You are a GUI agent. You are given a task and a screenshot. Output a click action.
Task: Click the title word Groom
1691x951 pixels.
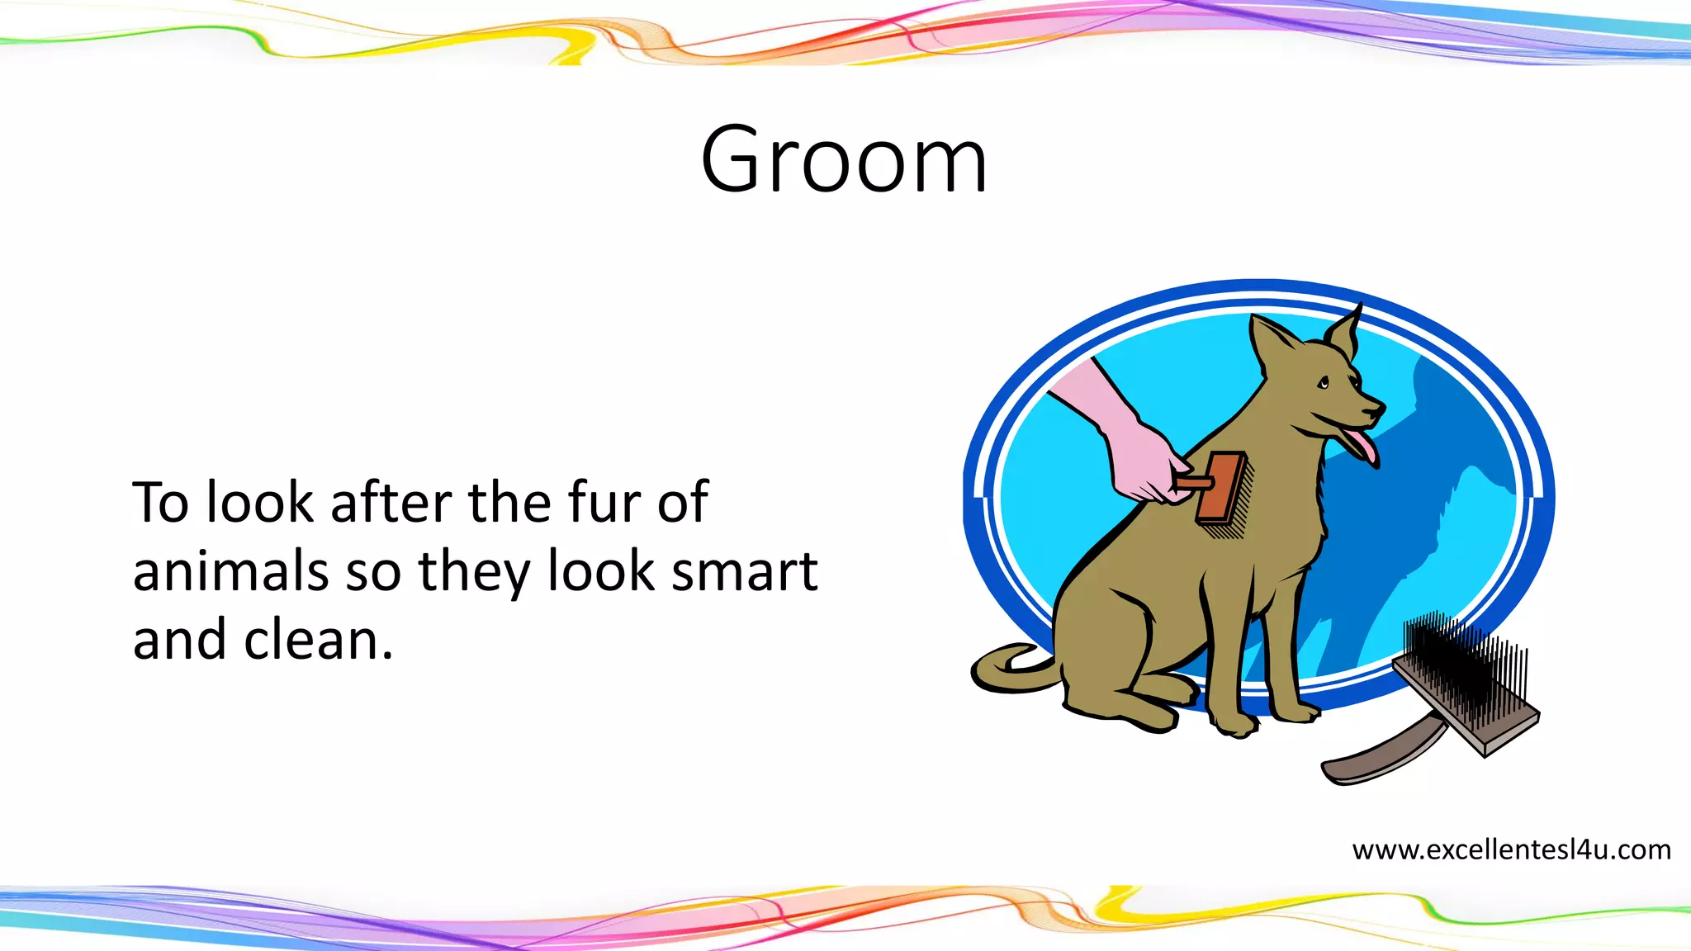point(844,160)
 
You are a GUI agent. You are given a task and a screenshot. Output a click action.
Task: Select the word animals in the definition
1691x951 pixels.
point(230,571)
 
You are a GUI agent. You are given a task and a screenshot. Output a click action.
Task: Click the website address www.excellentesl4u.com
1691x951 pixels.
point(1511,849)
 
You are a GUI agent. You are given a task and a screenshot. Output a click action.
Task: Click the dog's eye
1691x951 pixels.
point(1324,382)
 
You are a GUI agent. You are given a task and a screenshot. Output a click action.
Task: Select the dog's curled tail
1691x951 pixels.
point(1007,669)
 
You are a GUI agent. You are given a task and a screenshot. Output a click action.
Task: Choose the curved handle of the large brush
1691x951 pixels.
point(1379,755)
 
